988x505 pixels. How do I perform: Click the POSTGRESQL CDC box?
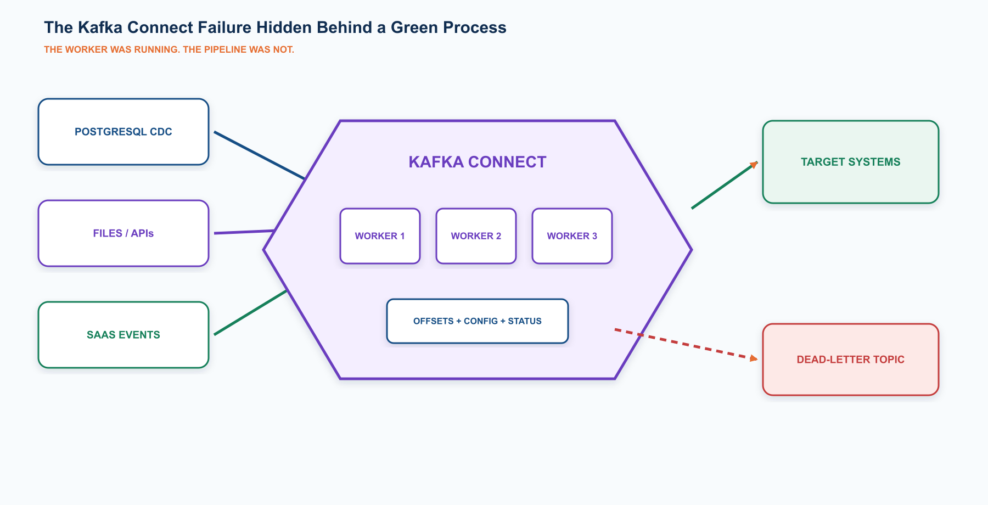(123, 132)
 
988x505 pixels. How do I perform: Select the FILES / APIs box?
(123, 233)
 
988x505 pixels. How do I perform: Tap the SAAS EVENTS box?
(123, 335)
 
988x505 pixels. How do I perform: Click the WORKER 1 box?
(380, 236)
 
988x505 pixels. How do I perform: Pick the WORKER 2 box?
(476, 236)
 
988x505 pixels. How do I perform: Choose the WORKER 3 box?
(572, 236)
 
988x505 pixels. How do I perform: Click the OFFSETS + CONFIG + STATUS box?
(478, 321)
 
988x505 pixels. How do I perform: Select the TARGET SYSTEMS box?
(851, 162)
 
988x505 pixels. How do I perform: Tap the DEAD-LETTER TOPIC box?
(851, 360)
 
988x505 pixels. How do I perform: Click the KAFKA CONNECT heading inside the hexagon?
(478, 162)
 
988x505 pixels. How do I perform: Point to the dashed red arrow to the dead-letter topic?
(686, 344)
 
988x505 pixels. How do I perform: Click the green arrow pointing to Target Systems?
(725, 185)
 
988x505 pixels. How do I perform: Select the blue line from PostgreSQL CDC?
(259, 155)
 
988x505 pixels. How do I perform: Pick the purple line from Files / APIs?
(244, 232)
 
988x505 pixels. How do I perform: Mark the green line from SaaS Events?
(250, 313)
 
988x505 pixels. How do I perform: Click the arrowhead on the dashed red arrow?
(754, 358)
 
